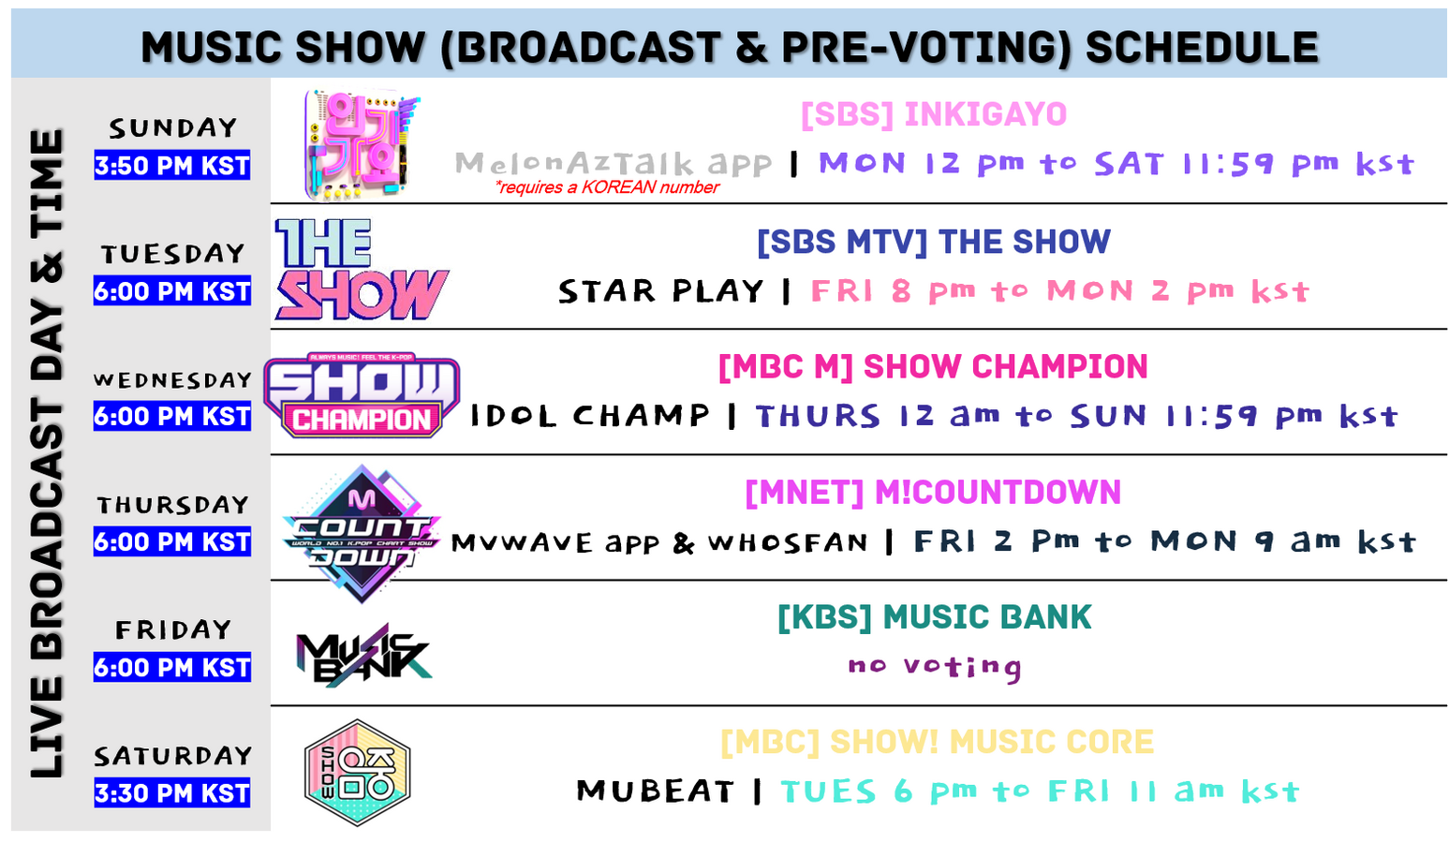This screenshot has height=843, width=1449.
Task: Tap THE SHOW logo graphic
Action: click(362, 269)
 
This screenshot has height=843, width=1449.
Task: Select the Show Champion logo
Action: click(362, 395)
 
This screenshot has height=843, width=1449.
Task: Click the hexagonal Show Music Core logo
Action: click(358, 773)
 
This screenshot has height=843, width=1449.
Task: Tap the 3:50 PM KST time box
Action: click(172, 166)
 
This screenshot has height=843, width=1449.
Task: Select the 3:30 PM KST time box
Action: click(172, 792)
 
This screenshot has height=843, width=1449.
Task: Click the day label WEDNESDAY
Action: click(172, 379)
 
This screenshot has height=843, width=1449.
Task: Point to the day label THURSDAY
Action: click(172, 505)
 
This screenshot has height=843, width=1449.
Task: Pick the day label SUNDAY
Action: click(172, 128)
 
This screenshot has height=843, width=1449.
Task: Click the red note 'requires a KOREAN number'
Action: click(607, 187)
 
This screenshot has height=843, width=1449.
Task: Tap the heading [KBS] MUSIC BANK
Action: click(934, 617)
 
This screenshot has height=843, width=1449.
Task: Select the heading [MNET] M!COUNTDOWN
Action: click(933, 493)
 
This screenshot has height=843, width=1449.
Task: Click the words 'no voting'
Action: click(935, 666)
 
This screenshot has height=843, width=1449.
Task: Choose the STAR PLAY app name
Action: click(660, 291)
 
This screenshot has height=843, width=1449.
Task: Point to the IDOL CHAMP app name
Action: click(589, 415)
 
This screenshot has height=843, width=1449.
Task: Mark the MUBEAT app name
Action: click(656, 791)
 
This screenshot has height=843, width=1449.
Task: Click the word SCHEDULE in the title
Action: click(1202, 47)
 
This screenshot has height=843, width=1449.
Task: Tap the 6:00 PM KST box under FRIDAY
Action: click(172, 667)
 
